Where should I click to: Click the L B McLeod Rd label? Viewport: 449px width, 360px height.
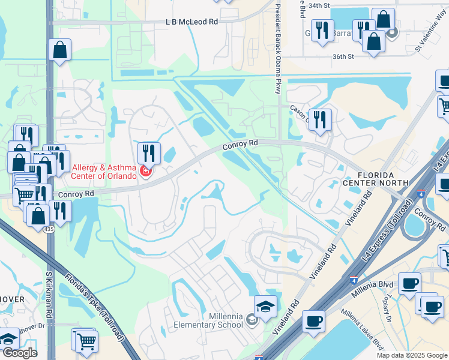point(191,21)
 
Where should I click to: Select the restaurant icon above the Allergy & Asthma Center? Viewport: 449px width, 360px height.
point(148,154)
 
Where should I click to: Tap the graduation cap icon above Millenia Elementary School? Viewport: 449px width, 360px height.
point(265,306)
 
